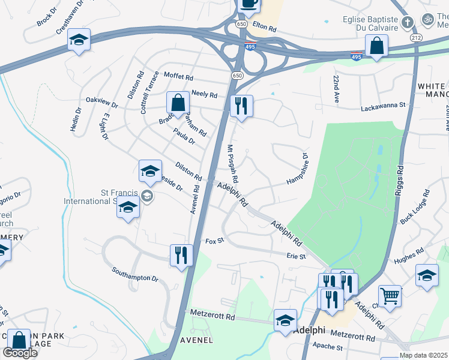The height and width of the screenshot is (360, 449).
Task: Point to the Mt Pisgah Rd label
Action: click(x=232, y=163)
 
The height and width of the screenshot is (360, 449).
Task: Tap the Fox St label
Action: click(x=214, y=241)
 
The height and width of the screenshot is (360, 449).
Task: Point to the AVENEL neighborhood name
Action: click(x=196, y=340)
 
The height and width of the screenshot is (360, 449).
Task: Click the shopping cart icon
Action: click(x=390, y=296)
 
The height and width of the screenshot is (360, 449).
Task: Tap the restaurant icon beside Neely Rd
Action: click(x=241, y=106)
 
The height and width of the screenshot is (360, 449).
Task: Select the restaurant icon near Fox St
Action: click(x=181, y=255)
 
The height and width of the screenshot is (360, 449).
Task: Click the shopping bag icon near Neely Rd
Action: click(x=178, y=103)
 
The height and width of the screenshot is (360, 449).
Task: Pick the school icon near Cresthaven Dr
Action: click(x=79, y=40)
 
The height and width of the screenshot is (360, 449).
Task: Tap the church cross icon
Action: click(x=408, y=23)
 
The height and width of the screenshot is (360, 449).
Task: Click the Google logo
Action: click(x=20, y=353)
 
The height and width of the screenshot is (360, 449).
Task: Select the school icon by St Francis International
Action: click(x=128, y=208)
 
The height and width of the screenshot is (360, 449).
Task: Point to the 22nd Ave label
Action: click(x=337, y=90)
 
